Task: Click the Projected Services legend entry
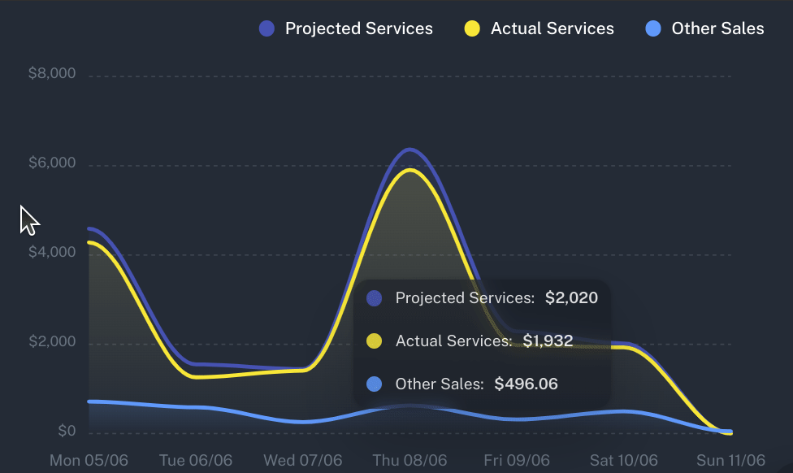tap(346, 29)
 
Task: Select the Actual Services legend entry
tap(539, 29)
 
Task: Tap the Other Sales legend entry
tap(704, 29)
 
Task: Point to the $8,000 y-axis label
tap(52, 74)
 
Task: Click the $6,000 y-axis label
tap(52, 163)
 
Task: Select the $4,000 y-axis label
tap(52, 253)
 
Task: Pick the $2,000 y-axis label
tap(52, 342)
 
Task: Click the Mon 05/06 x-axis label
tap(89, 461)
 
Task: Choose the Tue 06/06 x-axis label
tap(196, 461)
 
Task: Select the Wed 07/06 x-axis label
tap(302, 461)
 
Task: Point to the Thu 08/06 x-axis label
tap(409, 461)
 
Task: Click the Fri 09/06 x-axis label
tap(517, 461)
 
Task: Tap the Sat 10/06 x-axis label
tap(624, 461)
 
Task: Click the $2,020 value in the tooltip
tap(571, 298)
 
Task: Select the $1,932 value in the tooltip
tap(548, 341)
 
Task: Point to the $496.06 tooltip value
tap(526, 384)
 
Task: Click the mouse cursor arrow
tap(28, 219)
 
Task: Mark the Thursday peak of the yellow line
tap(411, 170)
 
